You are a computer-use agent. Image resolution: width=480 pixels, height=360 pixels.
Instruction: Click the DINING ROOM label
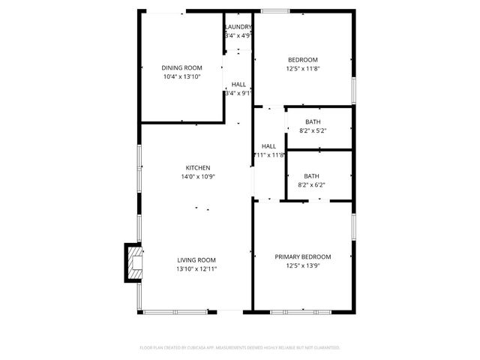[182, 67]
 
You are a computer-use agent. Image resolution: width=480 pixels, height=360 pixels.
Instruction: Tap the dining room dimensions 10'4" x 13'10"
[182, 76]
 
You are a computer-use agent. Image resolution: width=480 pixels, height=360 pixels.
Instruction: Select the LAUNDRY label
[238, 27]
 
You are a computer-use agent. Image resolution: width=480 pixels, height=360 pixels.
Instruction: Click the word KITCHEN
[198, 167]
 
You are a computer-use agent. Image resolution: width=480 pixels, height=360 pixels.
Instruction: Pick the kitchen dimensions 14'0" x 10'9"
[198, 177]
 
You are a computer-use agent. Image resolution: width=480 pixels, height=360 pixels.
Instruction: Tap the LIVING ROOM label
[196, 259]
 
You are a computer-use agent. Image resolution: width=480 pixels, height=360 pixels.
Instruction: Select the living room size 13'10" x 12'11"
[196, 268]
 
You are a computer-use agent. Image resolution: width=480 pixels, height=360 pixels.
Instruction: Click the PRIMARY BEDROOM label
[303, 256]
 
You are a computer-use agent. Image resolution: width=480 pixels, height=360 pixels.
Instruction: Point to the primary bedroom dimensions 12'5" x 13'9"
[303, 265]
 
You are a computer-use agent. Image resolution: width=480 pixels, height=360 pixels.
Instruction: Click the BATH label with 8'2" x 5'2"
[313, 121]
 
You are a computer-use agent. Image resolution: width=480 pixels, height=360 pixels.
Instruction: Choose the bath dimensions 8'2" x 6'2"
[311, 184]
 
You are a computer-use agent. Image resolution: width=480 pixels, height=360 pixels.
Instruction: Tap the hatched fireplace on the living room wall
[133, 262]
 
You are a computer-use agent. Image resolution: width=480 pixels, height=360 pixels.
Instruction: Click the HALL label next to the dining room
[239, 85]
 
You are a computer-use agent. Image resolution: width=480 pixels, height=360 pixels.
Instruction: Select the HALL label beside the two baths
[268, 146]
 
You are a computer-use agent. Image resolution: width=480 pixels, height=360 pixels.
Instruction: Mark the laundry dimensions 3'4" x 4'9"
[238, 35]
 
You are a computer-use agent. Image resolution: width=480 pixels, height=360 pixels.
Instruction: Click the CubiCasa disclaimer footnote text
[240, 347]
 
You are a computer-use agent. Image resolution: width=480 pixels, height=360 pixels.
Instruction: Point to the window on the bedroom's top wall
[275, 11]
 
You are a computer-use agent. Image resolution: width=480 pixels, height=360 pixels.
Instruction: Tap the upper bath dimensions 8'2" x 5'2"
[313, 130]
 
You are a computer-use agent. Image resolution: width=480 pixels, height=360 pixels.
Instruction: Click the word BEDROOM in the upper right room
[303, 60]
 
